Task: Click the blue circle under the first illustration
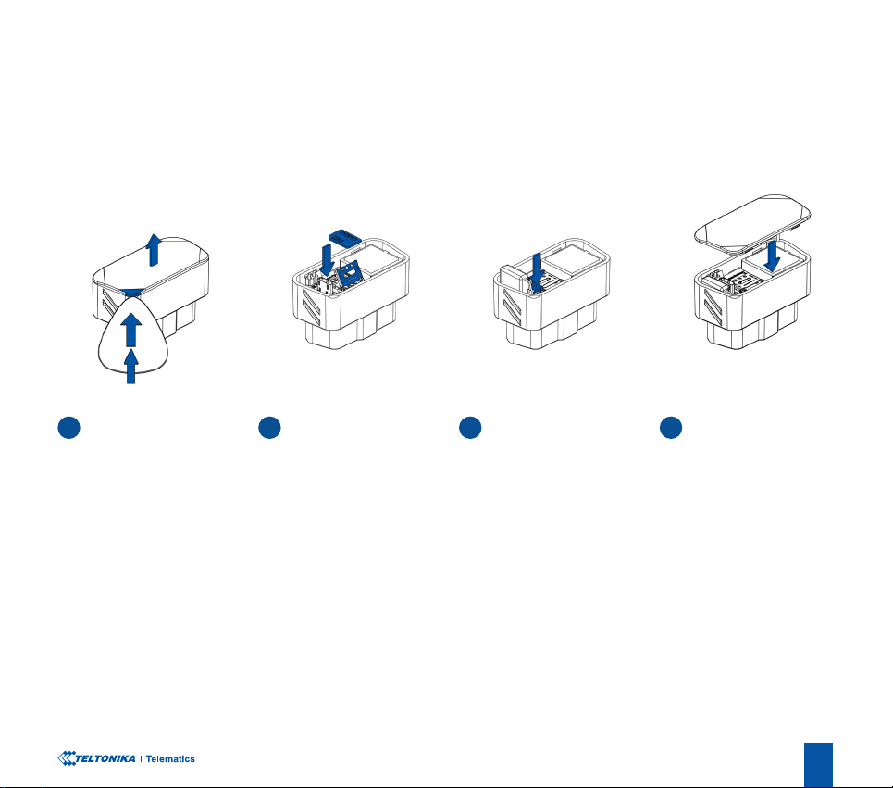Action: pyautogui.click(x=68, y=427)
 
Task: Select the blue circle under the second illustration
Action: pyautogui.click(x=269, y=427)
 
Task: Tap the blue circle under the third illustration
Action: pyautogui.click(x=470, y=427)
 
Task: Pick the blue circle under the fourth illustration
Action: pyautogui.click(x=671, y=427)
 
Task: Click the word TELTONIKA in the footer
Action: pyautogui.click(x=105, y=758)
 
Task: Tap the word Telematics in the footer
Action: pyautogui.click(x=170, y=759)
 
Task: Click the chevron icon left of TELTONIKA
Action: pyautogui.click(x=66, y=758)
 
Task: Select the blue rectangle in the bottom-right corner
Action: pyautogui.click(x=818, y=765)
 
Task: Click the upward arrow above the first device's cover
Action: pyautogui.click(x=153, y=250)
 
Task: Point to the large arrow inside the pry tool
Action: pyautogui.click(x=131, y=330)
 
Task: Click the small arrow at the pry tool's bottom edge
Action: pyautogui.click(x=131, y=367)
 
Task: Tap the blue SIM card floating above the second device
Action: pyautogui.click(x=344, y=238)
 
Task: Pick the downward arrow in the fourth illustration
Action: pyautogui.click(x=773, y=256)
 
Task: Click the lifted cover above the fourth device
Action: pyautogui.click(x=752, y=223)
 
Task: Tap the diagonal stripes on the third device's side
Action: pyautogui.click(x=512, y=305)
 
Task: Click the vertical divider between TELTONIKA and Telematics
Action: pyautogui.click(x=142, y=759)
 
